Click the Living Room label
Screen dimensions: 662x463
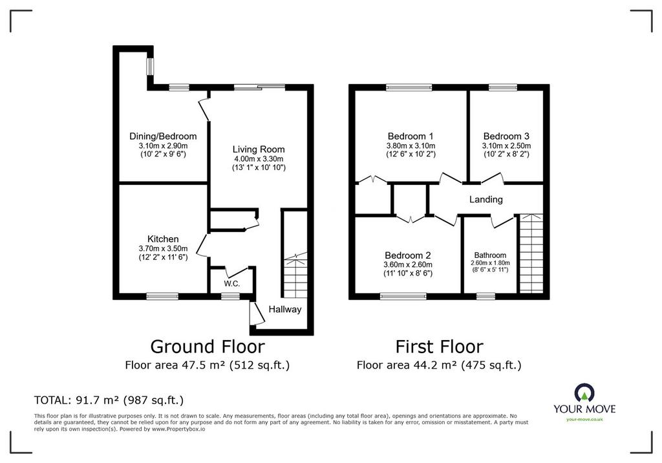(x=259, y=149)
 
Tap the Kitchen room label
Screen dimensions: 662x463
(x=163, y=239)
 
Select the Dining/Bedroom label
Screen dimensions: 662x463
(x=163, y=136)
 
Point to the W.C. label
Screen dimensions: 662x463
(x=232, y=283)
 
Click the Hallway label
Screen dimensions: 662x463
(x=285, y=309)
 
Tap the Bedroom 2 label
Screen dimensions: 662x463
(x=407, y=255)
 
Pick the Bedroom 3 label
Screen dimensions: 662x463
(x=506, y=136)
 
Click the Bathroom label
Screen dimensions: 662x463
(x=490, y=255)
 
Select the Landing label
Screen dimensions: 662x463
(x=486, y=199)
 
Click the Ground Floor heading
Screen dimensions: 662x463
(x=208, y=347)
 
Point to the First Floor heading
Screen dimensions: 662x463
(x=439, y=347)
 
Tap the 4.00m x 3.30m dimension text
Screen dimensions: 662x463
(x=259, y=159)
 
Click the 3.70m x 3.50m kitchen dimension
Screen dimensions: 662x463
(x=163, y=248)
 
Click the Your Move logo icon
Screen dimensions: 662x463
(x=584, y=393)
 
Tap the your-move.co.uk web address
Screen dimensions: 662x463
(x=584, y=419)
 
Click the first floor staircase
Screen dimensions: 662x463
(x=531, y=253)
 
